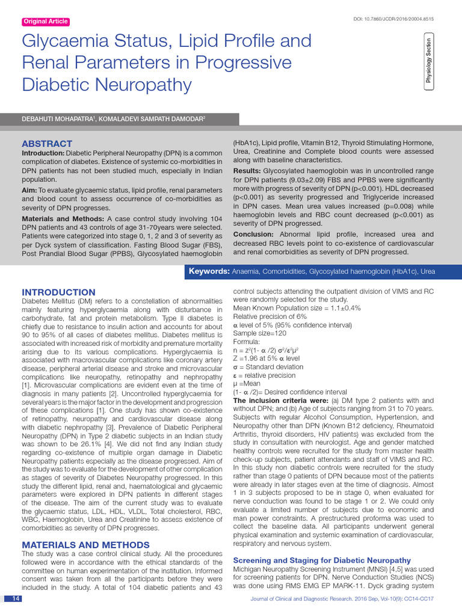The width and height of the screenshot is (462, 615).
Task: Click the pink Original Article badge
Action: [x=46, y=22]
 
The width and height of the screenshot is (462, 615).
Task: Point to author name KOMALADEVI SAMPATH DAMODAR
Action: [x=156, y=120]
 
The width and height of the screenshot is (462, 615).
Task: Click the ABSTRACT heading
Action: [x=47, y=144]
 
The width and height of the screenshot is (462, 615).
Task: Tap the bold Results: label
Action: [x=247, y=171]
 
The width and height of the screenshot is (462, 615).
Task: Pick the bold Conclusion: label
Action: [x=253, y=234]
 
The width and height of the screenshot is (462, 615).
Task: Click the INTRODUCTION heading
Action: [x=58, y=292]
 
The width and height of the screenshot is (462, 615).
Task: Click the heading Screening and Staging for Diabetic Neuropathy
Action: [x=322, y=560]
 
